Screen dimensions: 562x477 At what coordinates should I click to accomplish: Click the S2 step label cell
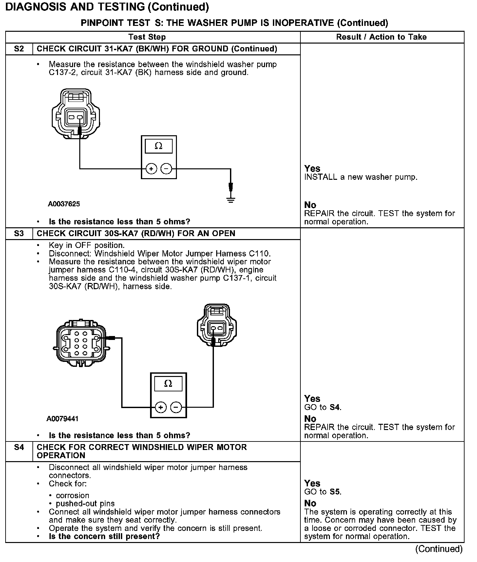click(x=19, y=49)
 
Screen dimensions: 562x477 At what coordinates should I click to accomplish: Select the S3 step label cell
click(x=19, y=234)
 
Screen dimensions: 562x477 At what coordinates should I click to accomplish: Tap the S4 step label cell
click(x=19, y=447)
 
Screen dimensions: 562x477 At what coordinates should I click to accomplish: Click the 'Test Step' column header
click(x=147, y=37)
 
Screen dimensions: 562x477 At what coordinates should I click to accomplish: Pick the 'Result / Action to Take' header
click(x=381, y=37)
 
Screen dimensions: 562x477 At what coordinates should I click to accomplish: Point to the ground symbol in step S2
click(x=231, y=199)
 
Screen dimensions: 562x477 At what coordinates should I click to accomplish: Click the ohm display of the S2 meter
click(x=159, y=146)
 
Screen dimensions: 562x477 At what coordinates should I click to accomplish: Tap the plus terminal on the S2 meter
click(x=151, y=169)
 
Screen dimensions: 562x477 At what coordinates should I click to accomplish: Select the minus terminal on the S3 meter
click(x=176, y=407)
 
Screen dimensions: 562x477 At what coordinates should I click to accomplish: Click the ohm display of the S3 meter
click(x=168, y=384)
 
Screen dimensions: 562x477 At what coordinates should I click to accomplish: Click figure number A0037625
click(x=64, y=204)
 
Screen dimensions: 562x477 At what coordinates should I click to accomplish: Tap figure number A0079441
click(x=63, y=419)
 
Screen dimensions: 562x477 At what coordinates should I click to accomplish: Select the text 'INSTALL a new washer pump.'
click(x=361, y=177)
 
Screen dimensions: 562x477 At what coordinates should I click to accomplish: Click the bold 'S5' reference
click(x=335, y=492)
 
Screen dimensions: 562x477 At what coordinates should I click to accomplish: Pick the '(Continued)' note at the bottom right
click(x=439, y=549)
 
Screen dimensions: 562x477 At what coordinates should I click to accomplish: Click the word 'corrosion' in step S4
click(x=72, y=496)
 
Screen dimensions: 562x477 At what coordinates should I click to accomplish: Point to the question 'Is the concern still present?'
click(x=104, y=536)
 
